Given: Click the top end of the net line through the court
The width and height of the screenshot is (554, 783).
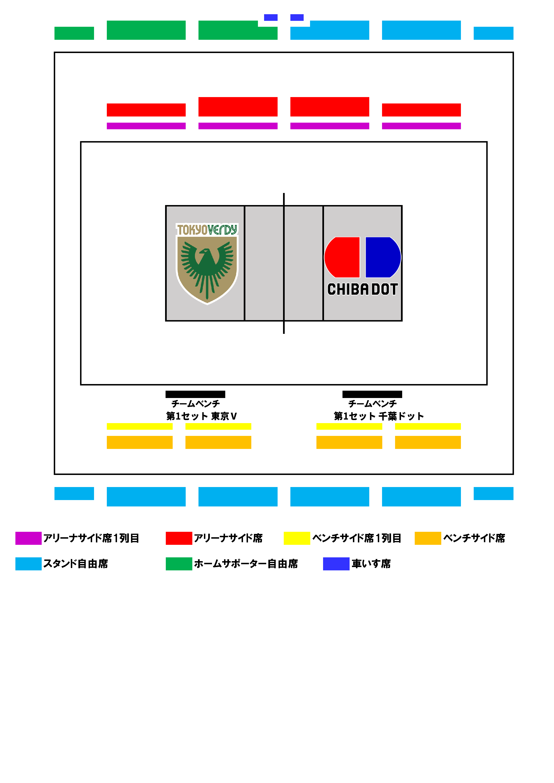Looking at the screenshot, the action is pyautogui.click(x=284, y=193).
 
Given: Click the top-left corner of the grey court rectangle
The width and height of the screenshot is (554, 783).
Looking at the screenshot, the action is pyautogui.click(x=166, y=206).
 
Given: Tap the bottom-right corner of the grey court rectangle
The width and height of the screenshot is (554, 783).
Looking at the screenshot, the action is pyautogui.click(x=402, y=321).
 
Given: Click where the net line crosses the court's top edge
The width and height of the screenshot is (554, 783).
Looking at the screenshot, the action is pyautogui.click(x=284, y=206).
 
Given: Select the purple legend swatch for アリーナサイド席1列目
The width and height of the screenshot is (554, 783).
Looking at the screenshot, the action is pyautogui.click(x=28, y=538).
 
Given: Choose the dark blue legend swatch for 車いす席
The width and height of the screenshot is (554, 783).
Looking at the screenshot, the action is pyautogui.click(x=336, y=564).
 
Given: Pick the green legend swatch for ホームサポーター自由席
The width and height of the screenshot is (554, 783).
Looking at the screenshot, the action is pyautogui.click(x=179, y=564).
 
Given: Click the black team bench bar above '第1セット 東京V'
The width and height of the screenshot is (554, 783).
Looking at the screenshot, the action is pyautogui.click(x=195, y=394).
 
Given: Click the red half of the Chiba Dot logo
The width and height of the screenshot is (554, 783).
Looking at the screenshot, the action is pyautogui.click(x=342, y=257).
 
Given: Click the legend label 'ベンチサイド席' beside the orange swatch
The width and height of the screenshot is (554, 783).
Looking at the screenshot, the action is pyautogui.click(x=474, y=538).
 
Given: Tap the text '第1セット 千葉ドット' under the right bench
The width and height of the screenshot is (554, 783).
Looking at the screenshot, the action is pyautogui.click(x=379, y=416).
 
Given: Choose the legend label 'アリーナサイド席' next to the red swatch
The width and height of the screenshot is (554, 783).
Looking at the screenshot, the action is pyautogui.click(x=228, y=538).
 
